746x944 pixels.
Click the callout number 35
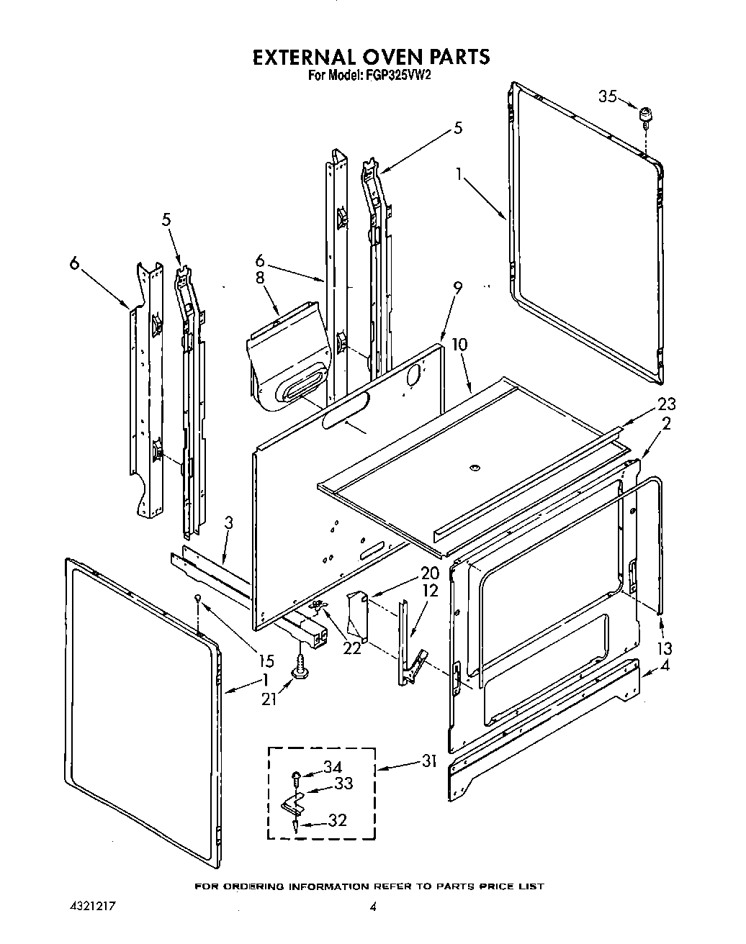(x=608, y=96)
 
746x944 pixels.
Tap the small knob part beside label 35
(x=647, y=115)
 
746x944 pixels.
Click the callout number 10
(x=459, y=345)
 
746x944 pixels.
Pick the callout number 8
(x=260, y=278)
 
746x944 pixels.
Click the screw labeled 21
(x=297, y=668)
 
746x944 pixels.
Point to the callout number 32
(x=337, y=820)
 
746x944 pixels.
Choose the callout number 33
(x=343, y=783)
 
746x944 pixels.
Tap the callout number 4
(x=665, y=666)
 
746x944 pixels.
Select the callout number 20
(x=409, y=573)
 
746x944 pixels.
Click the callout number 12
(x=409, y=591)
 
